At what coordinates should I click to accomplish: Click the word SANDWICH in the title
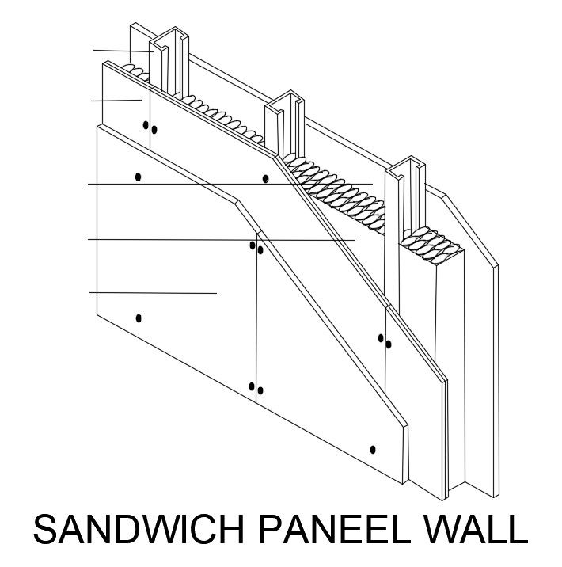[139, 529]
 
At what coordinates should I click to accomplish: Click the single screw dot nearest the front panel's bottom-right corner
[373, 450]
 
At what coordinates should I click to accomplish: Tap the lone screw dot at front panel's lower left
[139, 318]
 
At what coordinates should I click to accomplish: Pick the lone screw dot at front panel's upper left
[138, 177]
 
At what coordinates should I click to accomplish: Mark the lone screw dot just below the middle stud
[266, 179]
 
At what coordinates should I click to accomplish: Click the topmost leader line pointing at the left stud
[123, 51]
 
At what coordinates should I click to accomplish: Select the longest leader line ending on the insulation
[230, 184]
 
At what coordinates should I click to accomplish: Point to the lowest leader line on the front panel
[154, 293]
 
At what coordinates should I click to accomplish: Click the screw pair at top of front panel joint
[256, 248]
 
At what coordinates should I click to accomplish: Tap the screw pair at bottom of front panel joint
[256, 389]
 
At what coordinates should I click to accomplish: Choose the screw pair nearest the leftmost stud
[150, 127]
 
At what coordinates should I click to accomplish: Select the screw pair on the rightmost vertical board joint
[385, 341]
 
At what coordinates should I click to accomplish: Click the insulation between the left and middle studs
[222, 117]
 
